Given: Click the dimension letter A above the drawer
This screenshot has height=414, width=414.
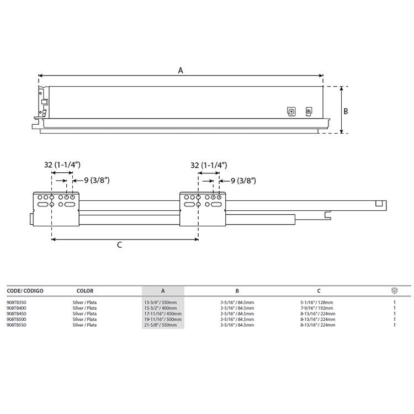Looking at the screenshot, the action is [x=181, y=71].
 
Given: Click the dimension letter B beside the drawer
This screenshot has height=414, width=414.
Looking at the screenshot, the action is [x=346, y=111].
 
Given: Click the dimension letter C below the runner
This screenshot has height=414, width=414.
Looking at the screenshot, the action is [x=119, y=245].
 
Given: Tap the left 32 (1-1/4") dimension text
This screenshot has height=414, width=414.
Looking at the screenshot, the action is [x=62, y=164].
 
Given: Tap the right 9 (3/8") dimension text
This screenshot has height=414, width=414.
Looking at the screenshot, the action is [x=243, y=181].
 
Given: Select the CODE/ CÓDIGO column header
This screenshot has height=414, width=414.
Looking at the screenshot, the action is [x=25, y=291].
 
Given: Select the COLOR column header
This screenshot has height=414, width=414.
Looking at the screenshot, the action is [x=85, y=291].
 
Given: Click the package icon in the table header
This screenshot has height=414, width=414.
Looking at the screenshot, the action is [x=395, y=290].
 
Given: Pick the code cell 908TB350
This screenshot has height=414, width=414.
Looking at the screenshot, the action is [x=17, y=302].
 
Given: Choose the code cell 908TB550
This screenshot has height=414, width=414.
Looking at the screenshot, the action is [x=17, y=325].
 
